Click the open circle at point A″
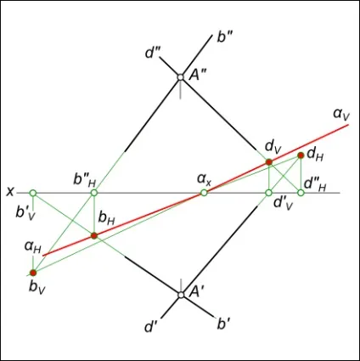point(181,76)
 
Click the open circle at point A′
point(181,295)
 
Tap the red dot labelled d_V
point(269,162)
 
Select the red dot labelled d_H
point(301,155)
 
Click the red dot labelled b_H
point(94,235)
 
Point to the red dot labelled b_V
point(33,273)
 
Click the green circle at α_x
point(204,193)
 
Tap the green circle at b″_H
point(94,193)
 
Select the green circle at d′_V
point(269,193)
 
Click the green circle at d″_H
point(301,193)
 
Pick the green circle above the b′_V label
point(33,193)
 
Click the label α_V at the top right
point(341,115)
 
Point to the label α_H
point(33,247)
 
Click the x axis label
point(10,192)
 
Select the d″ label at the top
point(152,54)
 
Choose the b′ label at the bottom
point(222,324)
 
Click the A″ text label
point(198,76)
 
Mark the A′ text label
point(195,292)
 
